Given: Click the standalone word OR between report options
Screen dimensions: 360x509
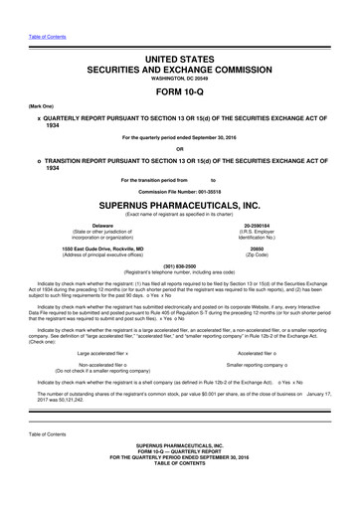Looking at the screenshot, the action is coord(180,148).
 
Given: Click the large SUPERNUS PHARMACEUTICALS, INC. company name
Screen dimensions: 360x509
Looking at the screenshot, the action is coord(180,205).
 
